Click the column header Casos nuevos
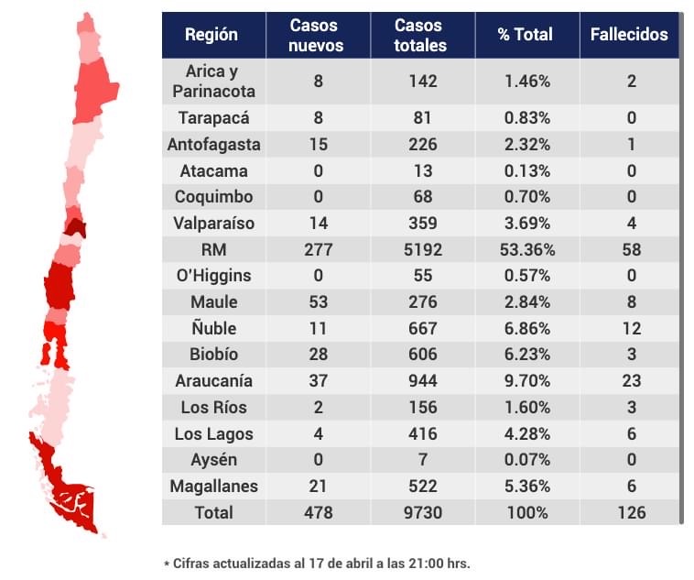(318, 35)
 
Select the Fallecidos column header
(629, 35)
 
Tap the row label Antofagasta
(213, 144)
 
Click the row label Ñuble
(213, 328)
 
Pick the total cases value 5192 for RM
(422, 249)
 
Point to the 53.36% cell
(526, 249)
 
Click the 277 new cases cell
(318, 249)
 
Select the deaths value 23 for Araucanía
(629, 380)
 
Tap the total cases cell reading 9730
(422, 512)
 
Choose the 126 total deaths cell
(629, 512)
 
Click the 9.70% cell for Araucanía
(526, 380)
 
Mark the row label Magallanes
(213, 486)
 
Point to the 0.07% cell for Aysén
(526, 460)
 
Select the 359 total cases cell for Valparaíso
(422, 223)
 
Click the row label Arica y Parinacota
(213, 81)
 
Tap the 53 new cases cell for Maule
(318, 301)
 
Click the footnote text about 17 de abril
(316, 563)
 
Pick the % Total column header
(526, 35)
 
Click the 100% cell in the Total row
(526, 512)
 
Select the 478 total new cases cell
(318, 512)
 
